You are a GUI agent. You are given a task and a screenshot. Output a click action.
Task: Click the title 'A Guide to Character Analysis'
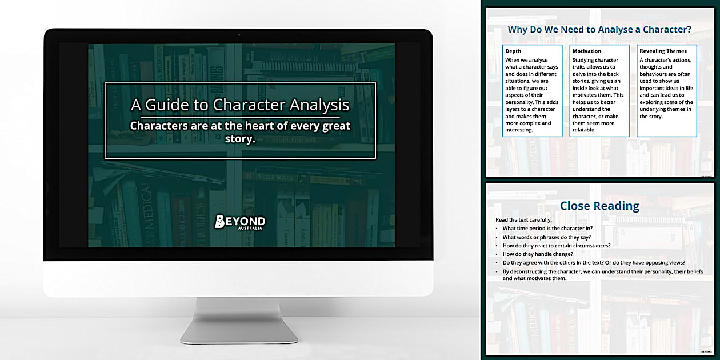point(240,105)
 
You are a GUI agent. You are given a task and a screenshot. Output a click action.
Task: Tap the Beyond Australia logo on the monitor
point(240,222)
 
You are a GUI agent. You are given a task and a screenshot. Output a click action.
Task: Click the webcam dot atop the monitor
point(238,35)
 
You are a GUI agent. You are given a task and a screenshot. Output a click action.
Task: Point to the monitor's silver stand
point(238,320)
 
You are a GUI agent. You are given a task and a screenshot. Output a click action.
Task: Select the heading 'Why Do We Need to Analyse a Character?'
point(599,29)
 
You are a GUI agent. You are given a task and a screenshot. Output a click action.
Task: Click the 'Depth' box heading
point(513,51)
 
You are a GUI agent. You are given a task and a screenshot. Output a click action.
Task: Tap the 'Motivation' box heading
point(587,51)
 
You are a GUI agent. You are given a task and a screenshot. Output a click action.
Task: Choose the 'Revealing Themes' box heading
point(663,51)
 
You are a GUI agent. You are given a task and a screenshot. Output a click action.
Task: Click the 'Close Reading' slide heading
point(599,206)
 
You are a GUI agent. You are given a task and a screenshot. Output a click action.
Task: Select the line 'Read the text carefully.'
point(524,220)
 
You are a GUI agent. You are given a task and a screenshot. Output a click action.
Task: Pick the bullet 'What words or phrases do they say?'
point(547,237)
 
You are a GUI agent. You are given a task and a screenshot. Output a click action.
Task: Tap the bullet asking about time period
point(547,229)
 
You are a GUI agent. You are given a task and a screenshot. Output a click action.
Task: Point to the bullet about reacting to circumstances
point(556,246)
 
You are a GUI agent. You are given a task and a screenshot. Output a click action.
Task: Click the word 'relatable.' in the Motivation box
point(584,130)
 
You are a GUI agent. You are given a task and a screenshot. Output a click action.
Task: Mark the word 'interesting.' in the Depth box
point(519,130)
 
